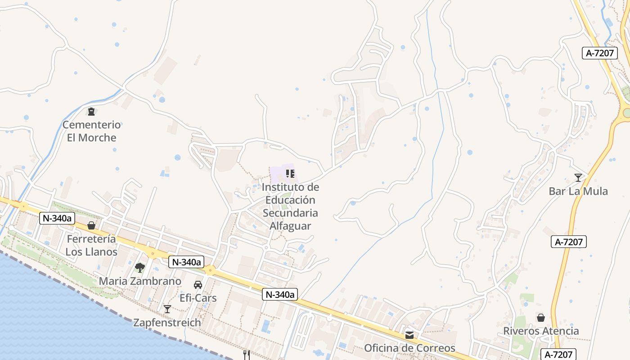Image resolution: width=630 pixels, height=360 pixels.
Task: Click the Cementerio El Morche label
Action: (92, 131)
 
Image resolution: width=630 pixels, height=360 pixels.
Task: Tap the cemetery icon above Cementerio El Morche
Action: (91, 111)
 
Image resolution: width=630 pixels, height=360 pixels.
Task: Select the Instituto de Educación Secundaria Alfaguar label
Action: (290, 206)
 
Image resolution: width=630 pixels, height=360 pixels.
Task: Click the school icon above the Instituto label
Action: (290, 173)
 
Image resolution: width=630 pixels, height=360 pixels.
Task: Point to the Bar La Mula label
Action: (578, 191)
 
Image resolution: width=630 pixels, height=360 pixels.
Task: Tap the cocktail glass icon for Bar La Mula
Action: (578, 178)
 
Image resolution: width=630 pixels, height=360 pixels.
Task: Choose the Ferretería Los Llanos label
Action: (91, 245)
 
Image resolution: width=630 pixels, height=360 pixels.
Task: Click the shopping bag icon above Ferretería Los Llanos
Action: (91, 225)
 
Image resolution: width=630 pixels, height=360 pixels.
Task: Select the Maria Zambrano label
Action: (140, 281)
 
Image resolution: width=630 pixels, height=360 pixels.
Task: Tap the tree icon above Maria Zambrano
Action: (140, 268)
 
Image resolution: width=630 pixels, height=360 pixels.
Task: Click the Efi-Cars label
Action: (198, 298)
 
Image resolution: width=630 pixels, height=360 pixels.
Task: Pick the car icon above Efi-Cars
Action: (198, 285)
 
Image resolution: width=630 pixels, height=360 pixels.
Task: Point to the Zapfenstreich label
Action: (167, 323)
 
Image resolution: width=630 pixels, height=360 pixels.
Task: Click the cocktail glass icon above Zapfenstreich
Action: (167, 309)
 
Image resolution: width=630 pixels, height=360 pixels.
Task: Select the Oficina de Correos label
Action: (409, 348)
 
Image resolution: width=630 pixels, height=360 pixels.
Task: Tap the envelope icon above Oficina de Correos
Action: (409, 335)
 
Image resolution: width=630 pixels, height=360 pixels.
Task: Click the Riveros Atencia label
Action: (541, 331)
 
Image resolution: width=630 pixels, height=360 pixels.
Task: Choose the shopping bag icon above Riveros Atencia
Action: (541, 318)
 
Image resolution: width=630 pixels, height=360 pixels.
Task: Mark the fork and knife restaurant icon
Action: (246, 355)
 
